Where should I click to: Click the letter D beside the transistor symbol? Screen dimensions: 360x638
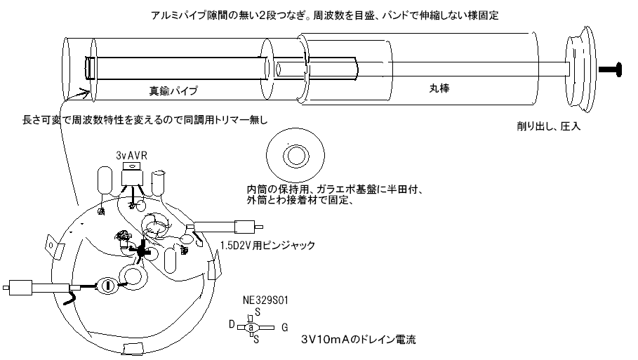[x=231, y=325]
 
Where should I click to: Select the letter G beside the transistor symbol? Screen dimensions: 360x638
[x=284, y=327]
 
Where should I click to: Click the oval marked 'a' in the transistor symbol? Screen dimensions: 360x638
[x=251, y=327]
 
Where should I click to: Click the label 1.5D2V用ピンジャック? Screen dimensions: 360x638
[x=267, y=246]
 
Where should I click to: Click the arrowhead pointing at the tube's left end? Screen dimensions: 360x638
[x=86, y=92]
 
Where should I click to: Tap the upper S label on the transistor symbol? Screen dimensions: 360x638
[x=258, y=312]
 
